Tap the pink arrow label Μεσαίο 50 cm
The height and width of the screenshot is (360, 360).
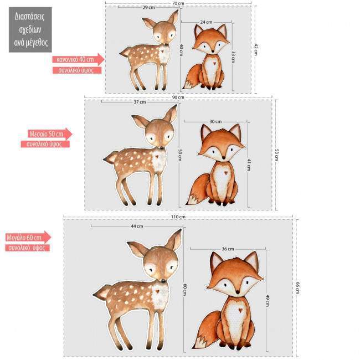point(49,134)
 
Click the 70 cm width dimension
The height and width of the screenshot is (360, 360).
point(178,3)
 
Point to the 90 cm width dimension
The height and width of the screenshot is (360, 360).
point(178,97)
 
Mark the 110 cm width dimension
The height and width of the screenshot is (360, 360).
point(178,217)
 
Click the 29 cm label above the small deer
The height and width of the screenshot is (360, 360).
point(148,8)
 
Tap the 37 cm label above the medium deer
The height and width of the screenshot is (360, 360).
point(140,102)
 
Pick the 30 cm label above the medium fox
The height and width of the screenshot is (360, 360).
point(215,122)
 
